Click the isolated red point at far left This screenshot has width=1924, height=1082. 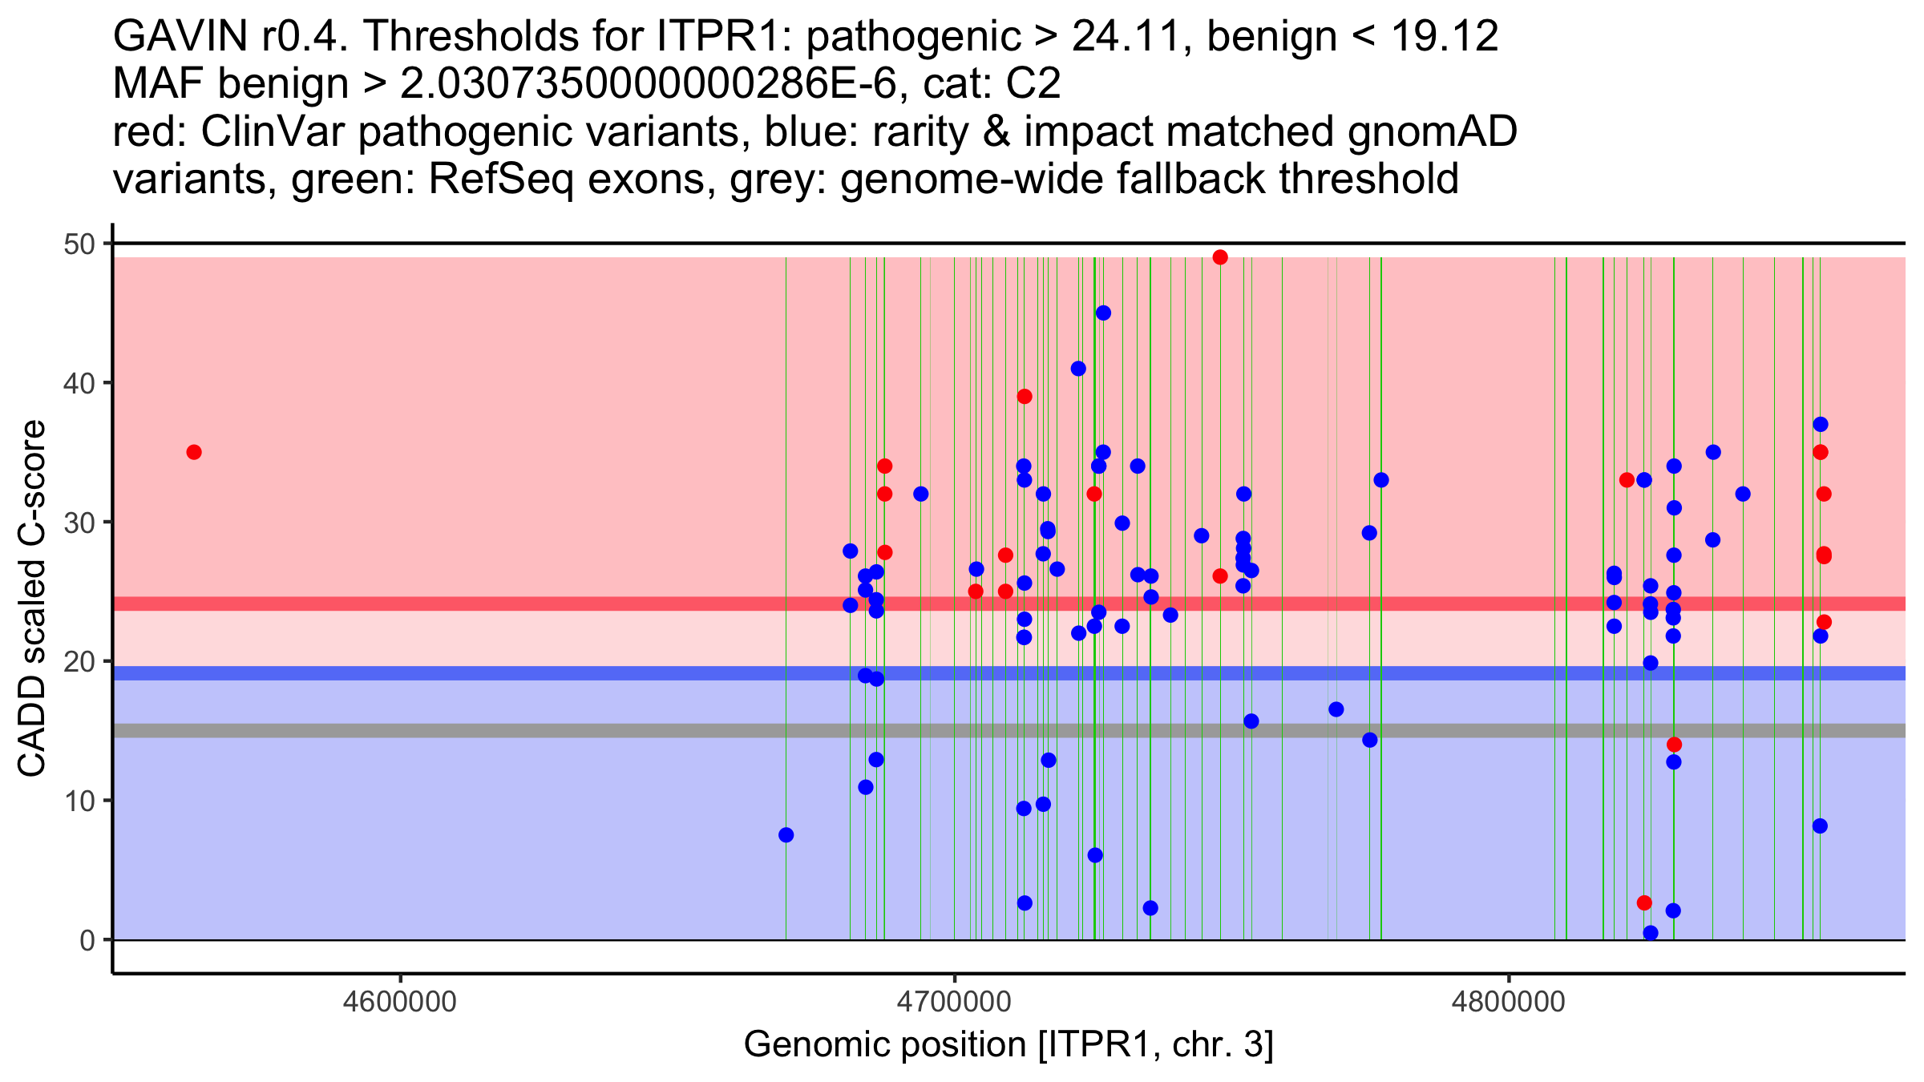click(x=194, y=452)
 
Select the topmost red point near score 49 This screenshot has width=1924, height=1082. click(x=1220, y=257)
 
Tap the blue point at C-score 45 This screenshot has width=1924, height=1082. click(x=1103, y=313)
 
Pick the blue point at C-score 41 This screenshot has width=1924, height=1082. click(x=1078, y=369)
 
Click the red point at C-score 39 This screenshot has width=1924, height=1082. click(x=1025, y=397)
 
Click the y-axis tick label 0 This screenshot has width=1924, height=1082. click(x=87, y=940)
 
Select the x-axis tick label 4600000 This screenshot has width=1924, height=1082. click(x=400, y=1002)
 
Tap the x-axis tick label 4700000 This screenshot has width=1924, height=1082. click(x=954, y=1002)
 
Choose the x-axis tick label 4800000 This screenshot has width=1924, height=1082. click(x=1509, y=1002)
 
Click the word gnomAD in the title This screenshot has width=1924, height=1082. click(x=1432, y=131)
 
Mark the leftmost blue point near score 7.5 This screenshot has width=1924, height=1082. click(x=786, y=835)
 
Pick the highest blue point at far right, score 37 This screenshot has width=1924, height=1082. click(x=1821, y=424)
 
